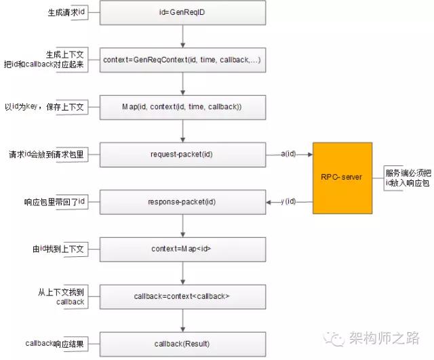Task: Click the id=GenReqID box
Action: coord(182,13)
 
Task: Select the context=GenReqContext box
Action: coord(182,60)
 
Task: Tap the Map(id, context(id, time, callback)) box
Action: coord(182,107)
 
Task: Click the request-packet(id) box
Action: coord(182,155)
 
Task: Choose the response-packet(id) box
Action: coord(182,202)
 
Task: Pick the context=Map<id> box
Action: coord(182,249)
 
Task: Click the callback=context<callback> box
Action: coord(182,297)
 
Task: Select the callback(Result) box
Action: coord(182,344)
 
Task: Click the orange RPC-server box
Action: coord(342,178)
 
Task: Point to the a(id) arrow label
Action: coord(288,154)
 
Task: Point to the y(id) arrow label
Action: coord(288,201)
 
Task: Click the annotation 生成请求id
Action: coord(66,12)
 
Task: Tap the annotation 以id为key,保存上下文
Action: coord(44,106)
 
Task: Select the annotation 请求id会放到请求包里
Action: coord(46,154)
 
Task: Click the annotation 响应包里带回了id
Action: coord(54,202)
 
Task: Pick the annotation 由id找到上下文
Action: coord(58,249)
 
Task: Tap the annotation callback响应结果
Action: coord(54,344)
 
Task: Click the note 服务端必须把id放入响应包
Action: coord(408,178)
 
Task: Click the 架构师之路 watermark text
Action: coord(384,338)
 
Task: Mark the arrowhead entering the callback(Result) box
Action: coord(182,330)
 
